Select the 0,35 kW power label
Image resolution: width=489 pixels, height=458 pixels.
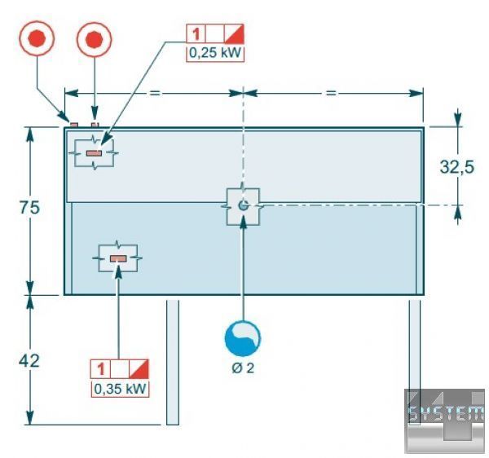tap(120, 388)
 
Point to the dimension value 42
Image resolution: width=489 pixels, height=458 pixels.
tap(29, 360)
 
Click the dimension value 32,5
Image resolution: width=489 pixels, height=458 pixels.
tap(457, 168)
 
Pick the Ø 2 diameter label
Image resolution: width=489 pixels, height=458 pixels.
tap(243, 368)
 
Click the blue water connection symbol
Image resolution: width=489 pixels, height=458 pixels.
tap(243, 336)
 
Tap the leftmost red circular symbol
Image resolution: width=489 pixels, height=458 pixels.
tap(37, 38)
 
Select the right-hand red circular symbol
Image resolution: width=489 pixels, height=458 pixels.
tap(95, 38)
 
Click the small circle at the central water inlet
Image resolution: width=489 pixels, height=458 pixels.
tap(243, 205)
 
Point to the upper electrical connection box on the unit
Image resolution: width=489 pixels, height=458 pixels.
tap(95, 152)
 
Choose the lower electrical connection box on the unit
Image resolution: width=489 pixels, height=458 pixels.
tap(118, 258)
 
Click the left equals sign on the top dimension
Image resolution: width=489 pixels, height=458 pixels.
tap(154, 93)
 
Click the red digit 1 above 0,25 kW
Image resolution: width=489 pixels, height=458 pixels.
tap(196, 34)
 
